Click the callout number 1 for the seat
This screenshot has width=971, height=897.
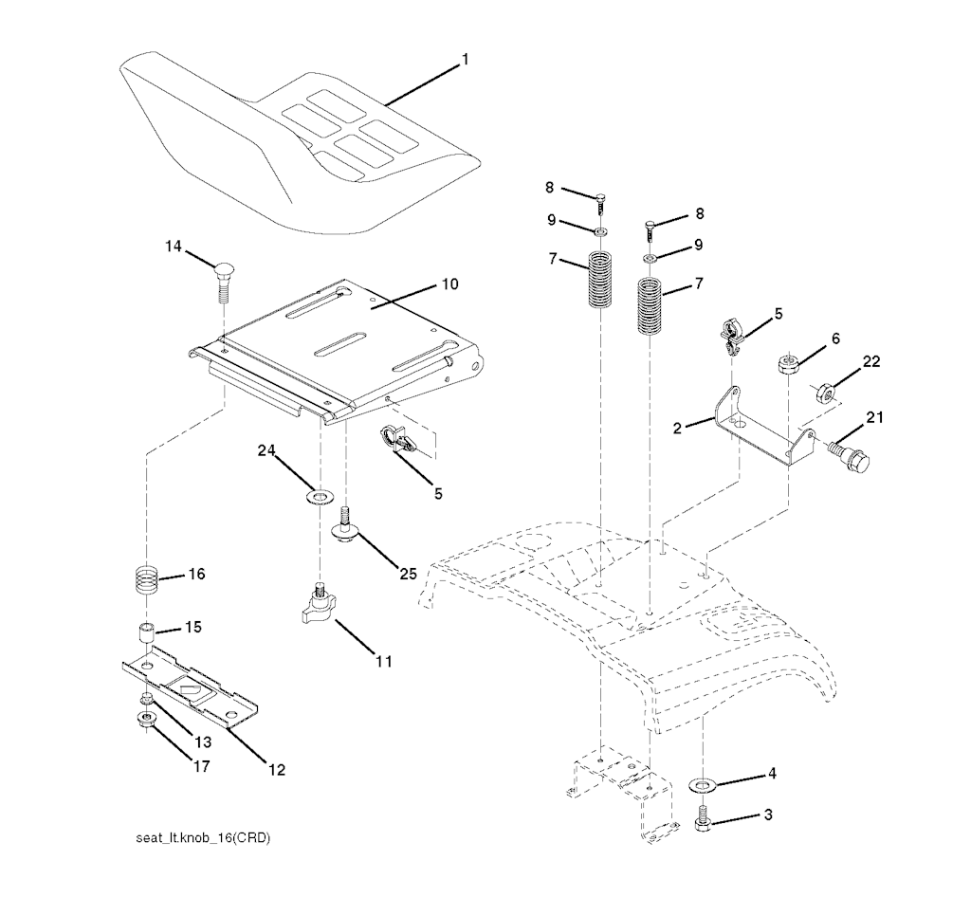pos(465,60)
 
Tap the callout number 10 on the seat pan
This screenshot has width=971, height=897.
pos(450,284)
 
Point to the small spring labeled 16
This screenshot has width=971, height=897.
pos(147,580)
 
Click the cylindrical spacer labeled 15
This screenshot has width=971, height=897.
pos(146,634)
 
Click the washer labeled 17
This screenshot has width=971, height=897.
pos(147,720)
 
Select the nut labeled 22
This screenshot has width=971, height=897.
pos(825,392)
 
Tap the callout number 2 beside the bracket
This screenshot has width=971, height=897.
pos(677,429)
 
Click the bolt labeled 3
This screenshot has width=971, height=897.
pos(702,817)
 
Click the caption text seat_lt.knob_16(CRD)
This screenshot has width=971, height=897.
pos(203,838)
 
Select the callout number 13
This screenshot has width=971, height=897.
pos(203,741)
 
